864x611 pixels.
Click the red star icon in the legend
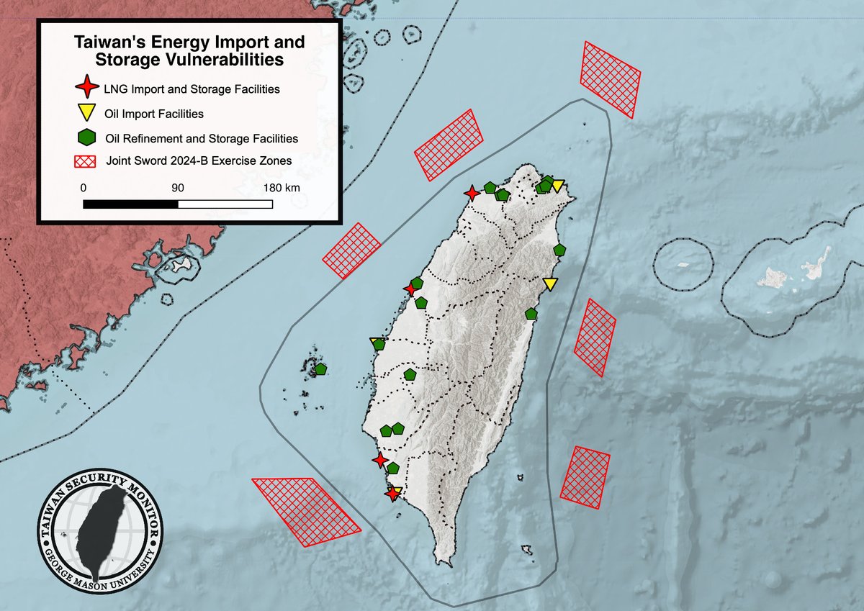86,89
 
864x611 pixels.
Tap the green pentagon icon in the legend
86,136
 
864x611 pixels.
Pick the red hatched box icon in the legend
86,160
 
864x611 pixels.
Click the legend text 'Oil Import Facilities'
154,114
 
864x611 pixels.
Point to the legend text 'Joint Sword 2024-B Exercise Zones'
198,161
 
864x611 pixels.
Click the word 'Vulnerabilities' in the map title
222,60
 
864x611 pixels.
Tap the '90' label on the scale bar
178,187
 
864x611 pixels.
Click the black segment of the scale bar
130,204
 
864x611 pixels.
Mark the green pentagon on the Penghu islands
320,369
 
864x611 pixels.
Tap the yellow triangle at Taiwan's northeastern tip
557,186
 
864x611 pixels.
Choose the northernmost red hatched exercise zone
611,78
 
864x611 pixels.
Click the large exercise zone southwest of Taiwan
305,511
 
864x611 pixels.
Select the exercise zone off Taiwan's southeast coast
585,477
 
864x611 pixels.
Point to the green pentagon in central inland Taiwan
410,374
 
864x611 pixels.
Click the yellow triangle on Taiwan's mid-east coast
551,284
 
